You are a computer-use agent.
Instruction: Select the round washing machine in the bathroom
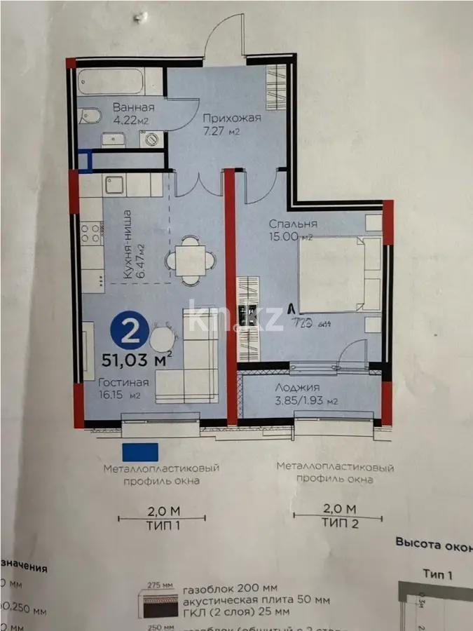point(151,140)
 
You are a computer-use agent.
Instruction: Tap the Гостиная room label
point(123,382)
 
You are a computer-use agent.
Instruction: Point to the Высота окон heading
point(433,542)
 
